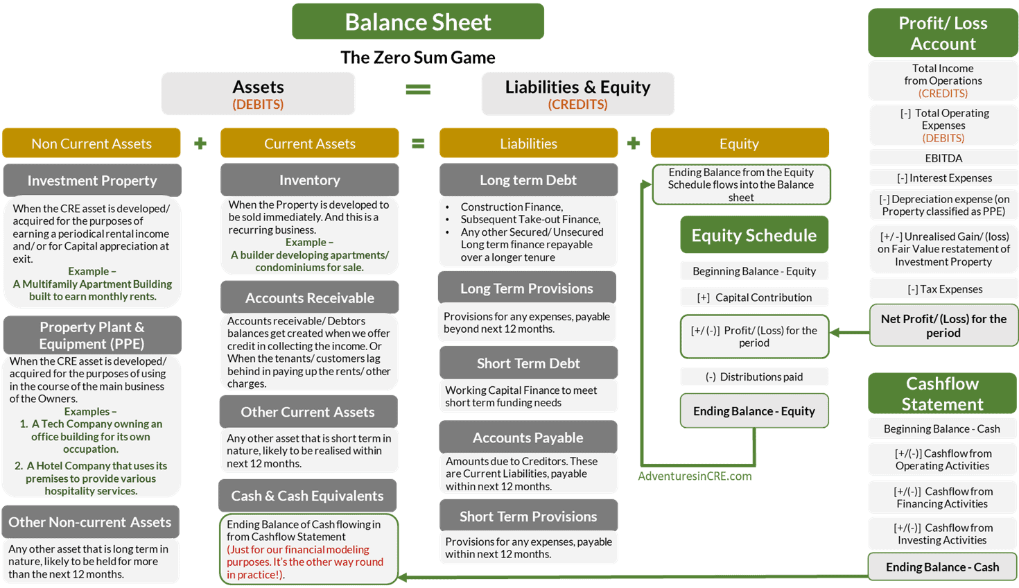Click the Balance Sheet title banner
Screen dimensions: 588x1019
[418, 22]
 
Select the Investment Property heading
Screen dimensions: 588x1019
[92, 180]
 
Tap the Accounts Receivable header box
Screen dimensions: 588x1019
[309, 297]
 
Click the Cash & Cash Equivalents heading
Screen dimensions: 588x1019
[307, 496]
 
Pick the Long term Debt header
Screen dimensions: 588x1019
[528, 180]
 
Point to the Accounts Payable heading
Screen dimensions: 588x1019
[528, 438]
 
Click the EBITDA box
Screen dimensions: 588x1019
[943, 158]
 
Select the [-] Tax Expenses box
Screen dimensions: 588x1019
[943, 289]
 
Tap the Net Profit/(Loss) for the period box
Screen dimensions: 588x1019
[943, 326]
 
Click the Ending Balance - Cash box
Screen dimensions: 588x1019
[942, 567]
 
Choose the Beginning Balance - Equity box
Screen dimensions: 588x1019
[754, 271]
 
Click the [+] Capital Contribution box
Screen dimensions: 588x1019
[754, 297]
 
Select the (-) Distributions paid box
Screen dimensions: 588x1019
[754, 377]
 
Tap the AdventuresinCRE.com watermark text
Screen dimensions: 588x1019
[695, 476]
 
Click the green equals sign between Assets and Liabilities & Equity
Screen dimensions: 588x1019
[418, 89]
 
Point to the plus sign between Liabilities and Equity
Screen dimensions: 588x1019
[634, 144]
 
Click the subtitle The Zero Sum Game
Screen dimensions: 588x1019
[418, 58]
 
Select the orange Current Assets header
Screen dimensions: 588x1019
[309, 144]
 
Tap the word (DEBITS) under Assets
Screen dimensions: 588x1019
[258, 105]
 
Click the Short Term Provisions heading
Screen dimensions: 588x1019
[528, 517]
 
